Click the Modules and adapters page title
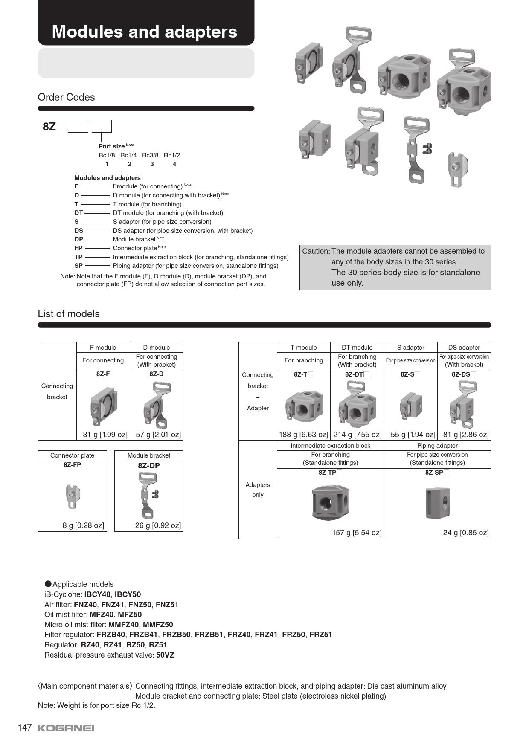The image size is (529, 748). [x=144, y=32]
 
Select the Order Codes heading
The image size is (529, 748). [x=66, y=97]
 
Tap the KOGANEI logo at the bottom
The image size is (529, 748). [x=66, y=728]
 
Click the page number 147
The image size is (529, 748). [x=25, y=728]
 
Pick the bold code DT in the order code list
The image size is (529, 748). [x=78, y=213]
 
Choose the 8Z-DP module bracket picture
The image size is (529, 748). [x=149, y=495]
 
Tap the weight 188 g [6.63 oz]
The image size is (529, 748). [x=303, y=435]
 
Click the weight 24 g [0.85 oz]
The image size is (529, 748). [x=466, y=533]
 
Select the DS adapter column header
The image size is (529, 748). [x=464, y=348]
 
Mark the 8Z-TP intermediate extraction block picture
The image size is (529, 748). [x=331, y=502]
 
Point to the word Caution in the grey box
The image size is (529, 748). [x=316, y=252]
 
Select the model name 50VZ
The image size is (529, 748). [x=165, y=655]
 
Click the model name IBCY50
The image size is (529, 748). [x=128, y=594]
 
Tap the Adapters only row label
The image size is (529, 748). [x=258, y=490]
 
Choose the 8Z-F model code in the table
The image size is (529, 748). [x=103, y=374]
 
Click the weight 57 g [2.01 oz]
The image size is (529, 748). [x=158, y=435]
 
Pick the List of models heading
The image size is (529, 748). [x=69, y=314]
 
